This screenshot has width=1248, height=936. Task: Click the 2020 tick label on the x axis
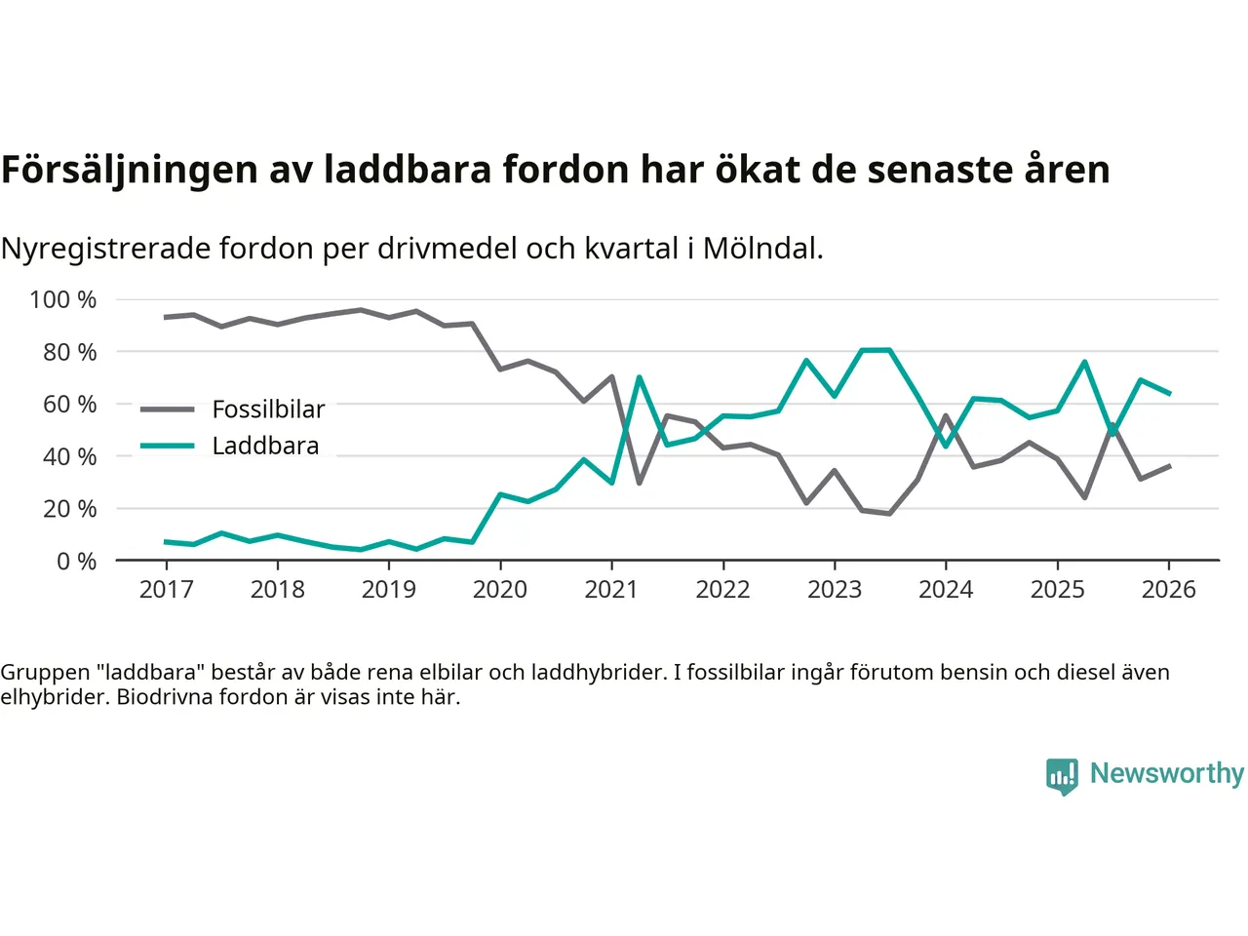point(499,589)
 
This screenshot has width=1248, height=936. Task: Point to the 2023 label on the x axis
point(834,589)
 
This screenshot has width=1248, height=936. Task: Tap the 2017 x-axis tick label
point(166,589)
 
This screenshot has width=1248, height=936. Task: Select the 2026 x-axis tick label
point(1168,589)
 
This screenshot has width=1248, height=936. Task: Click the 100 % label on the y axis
point(63,299)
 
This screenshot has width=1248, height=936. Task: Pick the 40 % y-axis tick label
point(69,456)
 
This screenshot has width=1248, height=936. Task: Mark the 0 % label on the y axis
point(76,561)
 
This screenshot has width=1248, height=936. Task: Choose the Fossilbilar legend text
point(268,409)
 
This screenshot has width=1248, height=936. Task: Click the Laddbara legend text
point(265,446)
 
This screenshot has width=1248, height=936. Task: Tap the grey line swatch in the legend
point(167,409)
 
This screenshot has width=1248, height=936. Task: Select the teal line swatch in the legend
point(167,446)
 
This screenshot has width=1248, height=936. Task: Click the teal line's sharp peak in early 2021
point(639,377)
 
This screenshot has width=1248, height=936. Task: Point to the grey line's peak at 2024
point(946,416)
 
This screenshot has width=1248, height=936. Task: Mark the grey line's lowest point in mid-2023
point(889,513)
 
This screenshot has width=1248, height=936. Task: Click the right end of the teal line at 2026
point(1169,393)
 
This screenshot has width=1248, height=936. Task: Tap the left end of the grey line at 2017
point(166,317)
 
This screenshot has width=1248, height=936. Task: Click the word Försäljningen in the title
point(130,170)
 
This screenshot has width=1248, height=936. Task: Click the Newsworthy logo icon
point(1062,776)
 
